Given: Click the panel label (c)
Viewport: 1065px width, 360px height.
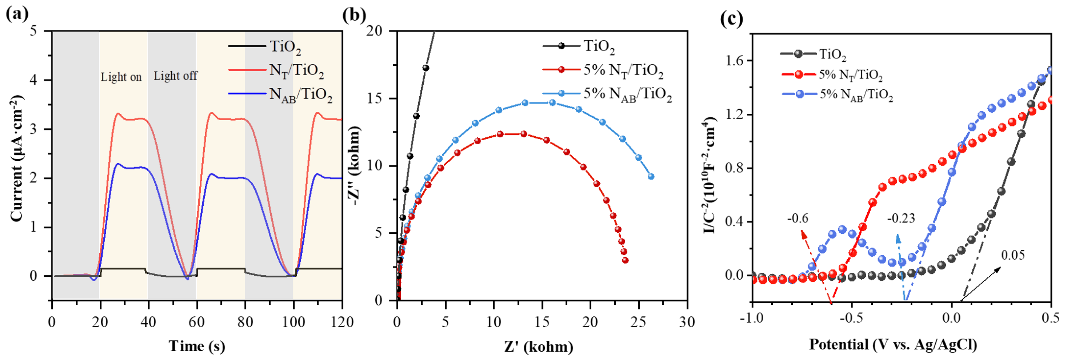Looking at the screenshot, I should (x=731, y=19).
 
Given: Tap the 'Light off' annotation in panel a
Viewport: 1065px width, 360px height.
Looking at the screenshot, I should (x=175, y=76).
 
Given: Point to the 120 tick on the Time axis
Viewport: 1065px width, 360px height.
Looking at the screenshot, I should (x=342, y=322).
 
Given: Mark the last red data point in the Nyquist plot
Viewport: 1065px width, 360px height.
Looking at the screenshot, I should (x=625, y=260).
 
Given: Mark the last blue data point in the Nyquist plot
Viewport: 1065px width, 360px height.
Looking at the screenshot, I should (x=651, y=177).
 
